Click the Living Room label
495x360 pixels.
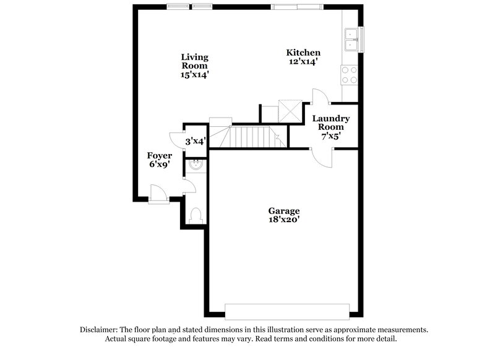point(194,66)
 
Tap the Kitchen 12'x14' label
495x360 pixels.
point(303,57)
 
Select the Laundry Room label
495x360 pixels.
point(330,122)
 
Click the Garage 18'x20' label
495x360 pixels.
point(284,215)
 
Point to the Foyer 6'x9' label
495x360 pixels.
point(159,160)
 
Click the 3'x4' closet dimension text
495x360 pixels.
point(196,141)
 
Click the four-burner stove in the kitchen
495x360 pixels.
point(350,75)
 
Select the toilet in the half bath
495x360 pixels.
point(196,215)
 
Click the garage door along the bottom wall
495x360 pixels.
point(291,311)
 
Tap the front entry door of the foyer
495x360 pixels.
point(158,195)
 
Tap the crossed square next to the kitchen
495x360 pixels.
point(289,111)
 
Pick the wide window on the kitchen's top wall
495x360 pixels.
point(296,7)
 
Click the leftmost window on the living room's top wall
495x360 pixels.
point(178,7)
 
